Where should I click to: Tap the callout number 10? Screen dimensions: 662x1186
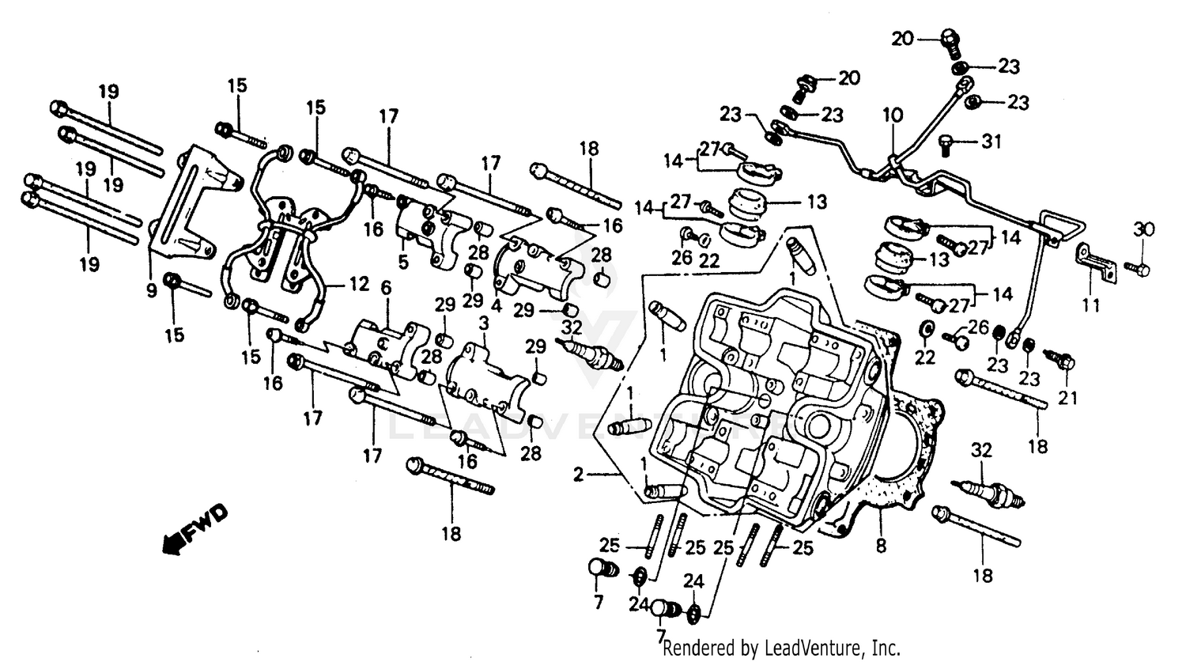point(892,115)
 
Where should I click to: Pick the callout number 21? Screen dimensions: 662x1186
point(1068,399)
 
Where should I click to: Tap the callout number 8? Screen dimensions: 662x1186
point(881,546)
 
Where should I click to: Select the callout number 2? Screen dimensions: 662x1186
point(579,475)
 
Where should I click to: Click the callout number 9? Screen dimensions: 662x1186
point(151,290)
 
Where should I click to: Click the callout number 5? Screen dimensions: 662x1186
point(403,262)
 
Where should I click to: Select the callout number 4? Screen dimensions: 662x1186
point(497,304)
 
